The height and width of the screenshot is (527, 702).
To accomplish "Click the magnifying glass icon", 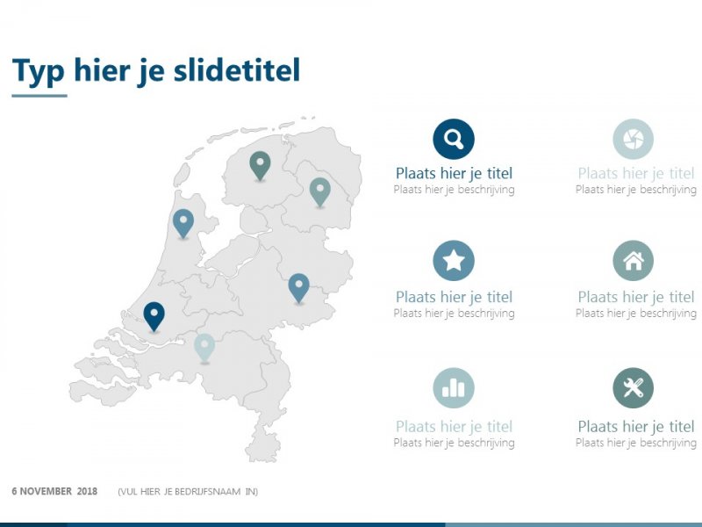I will coord(454,139).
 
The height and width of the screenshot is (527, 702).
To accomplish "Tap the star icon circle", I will coord(454,261).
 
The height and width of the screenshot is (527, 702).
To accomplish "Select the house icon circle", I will coord(633,261).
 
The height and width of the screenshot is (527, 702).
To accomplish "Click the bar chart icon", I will coord(454,388).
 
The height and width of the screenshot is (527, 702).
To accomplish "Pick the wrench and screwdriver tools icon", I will coord(633,388).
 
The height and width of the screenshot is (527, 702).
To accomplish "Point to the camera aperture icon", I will coord(633,139).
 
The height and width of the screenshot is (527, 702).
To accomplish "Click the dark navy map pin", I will coord(154,315).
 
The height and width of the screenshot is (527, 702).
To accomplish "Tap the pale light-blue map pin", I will coord(204,347).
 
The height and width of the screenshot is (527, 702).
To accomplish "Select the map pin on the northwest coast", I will coord(183,222).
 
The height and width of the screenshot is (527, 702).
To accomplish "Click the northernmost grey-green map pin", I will coord(260,164).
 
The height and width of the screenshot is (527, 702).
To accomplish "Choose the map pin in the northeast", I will coord(319,191).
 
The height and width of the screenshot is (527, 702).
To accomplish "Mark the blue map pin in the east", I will coord(299,286).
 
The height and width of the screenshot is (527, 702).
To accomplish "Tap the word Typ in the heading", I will coord(39,70).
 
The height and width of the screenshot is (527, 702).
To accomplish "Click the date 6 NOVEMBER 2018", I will coord(54,491).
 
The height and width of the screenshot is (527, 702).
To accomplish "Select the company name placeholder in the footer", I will coord(188,491).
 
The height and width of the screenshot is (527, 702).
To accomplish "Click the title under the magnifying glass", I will coord(454,173).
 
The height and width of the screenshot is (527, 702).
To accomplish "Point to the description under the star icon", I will coord(454,313).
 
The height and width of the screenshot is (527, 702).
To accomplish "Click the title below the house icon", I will coord(635,297).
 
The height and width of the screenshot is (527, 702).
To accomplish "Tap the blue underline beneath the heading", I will coord(39,95).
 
